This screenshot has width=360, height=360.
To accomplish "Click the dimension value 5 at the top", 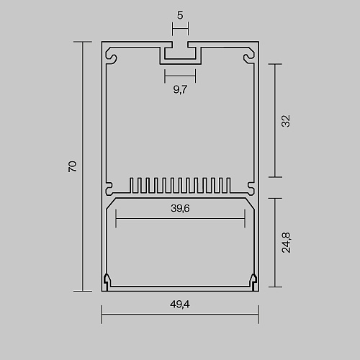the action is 180,15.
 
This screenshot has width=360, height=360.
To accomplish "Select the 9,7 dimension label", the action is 180,89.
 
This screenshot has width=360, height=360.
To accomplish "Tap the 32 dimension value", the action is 286,121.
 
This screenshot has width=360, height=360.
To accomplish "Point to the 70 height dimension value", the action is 73,166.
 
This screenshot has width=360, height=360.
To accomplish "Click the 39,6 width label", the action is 180,208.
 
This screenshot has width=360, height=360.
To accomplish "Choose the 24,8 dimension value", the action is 286,243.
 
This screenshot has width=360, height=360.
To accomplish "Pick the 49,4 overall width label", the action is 180,305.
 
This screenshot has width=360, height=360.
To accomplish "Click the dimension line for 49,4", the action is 180,314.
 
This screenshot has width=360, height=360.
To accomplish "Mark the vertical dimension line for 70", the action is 83,166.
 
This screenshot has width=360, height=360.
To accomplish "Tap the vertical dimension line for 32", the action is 275,120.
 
